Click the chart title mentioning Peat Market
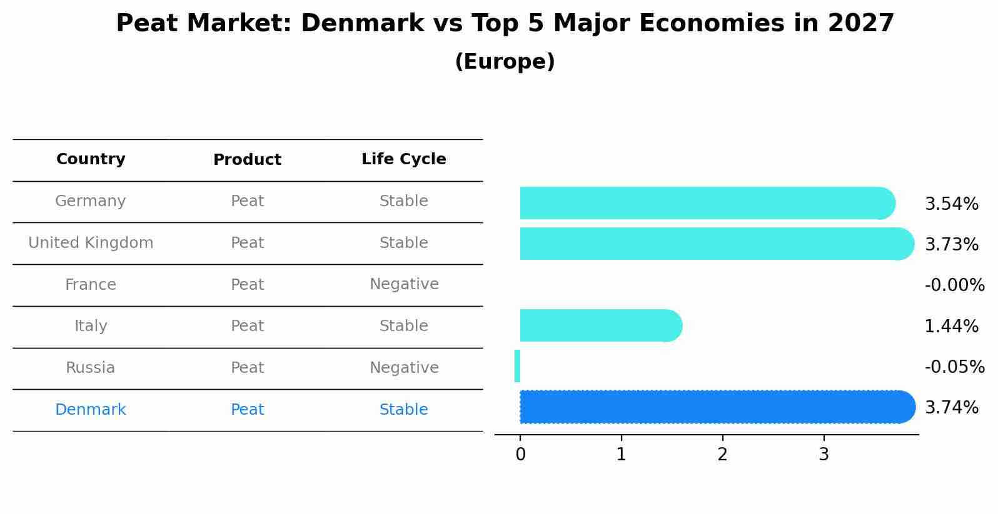pyautogui.click(x=505, y=24)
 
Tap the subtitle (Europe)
pyautogui.click(x=505, y=62)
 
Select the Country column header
pyautogui.click(x=91, y=159)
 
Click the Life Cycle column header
pyautogui.click(x=403, y=159)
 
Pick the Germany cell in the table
pyautogui.click(x=91, y=201)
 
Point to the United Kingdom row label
pyautogui.click(x=91, y=243)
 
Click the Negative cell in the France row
pyautogui.click(x=403, y=284)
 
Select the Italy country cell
pyautogui.click(x=91, y=326)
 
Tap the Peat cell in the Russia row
pyautogui.click(x=247, y=368)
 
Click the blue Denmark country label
pyautogui.click(x=91, y=410)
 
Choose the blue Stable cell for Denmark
pyautogui.click(x=403, y=410)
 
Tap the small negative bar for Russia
pyautogui.click(x=517, y=366)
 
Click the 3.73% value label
pyautogui.click(x=951, y=244)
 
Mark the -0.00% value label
pyautogui.click(x=954, y=285)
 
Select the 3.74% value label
pyautogui.click(x=951, y=408)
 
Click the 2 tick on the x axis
pyautogui.click(x=722, y=455)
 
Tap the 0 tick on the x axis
pyautogui.click(x=520, y=455)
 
